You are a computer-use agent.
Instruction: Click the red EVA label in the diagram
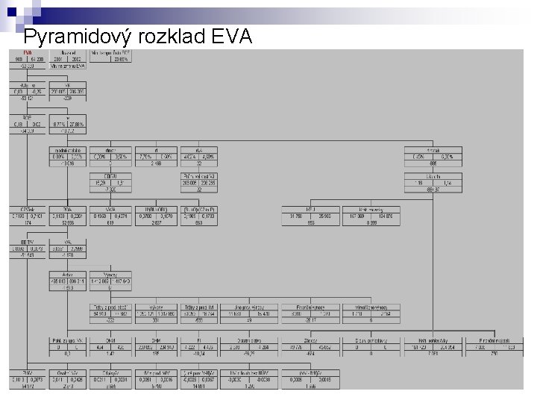coord(27,54)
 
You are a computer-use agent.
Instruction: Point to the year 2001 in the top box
coord(58,59)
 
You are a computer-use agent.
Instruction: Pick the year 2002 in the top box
coord(77,59)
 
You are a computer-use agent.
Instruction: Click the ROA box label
coord(68,209)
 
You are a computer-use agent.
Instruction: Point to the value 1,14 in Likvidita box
coord(447,183)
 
